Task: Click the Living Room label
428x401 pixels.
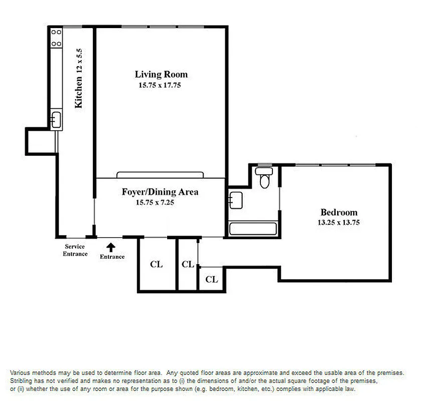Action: click(x=161, y=75)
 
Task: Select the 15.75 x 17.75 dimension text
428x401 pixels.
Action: click(x=160, y=85)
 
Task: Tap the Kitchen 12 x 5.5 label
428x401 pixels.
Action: click(x=78, y=79)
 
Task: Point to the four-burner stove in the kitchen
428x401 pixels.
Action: click(x=56, y=38)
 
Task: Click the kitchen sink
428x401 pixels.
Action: click(x=56, y=120)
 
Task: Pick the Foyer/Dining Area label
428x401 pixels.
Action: click(x=160, y=192)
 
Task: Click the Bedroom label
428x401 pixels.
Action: click(x=339, y=212)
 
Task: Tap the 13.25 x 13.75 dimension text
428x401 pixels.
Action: click(x=339, y=223)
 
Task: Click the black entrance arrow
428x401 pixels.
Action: click(x=111, y=247)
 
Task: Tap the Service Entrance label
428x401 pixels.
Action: click(x=75, y=250)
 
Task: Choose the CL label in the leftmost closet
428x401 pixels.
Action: click(x=157, y=264)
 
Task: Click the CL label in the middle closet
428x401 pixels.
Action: click(x=188, y=264)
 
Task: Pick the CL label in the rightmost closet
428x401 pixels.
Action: click(x=211, y=279)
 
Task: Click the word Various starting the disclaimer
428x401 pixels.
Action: click(x=21, y=373)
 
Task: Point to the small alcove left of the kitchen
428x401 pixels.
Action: click(x=40, y=139)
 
